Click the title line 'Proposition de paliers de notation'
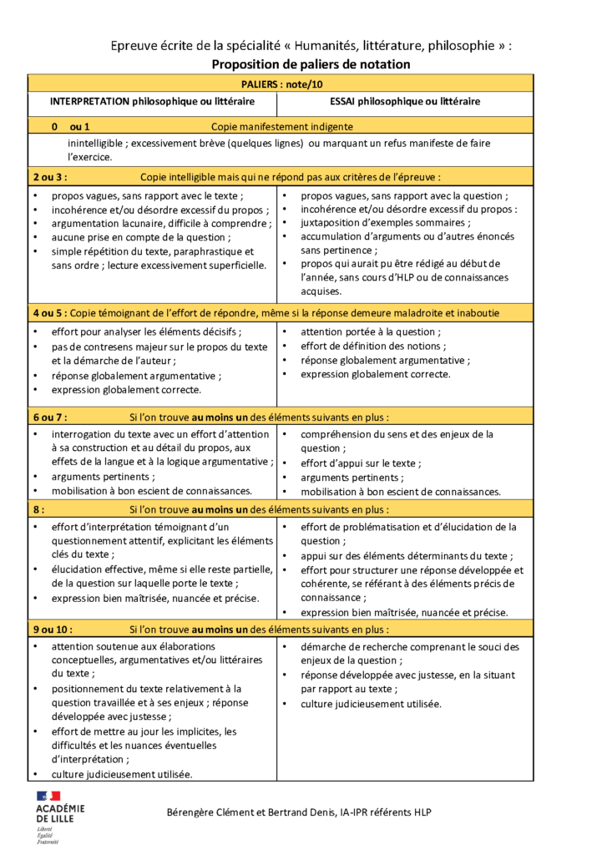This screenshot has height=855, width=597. pyautogui.click(x=311, y=64)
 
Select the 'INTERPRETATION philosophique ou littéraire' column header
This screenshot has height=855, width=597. pyautogui.click(x=152, y=101)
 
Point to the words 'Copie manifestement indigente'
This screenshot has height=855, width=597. pyautogui.click(x=282, y=126)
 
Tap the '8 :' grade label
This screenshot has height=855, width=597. pyautogui.click(x=39, y=508)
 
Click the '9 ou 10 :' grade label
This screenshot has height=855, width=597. pyautogui.click(x=53, y=630)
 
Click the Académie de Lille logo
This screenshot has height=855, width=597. pyautogui.click(x=59, y=815)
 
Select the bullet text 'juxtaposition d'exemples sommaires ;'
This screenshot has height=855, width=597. pyautogui.click(x=384, y=223)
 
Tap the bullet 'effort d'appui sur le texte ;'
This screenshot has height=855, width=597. pyautogui.click(x=361, y=463)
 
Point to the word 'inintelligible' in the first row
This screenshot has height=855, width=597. pyautogui.click(x=96, y=143)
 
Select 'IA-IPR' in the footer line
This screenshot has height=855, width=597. pyautogui.click(x=350, y=812)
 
